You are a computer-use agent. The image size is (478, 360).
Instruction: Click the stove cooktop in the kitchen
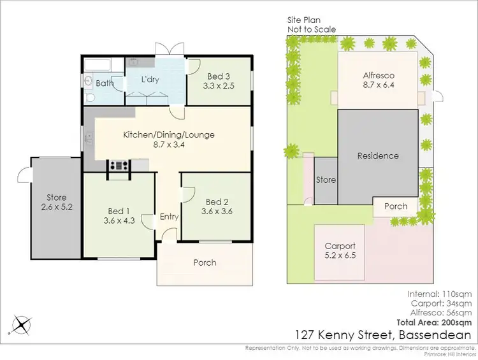(x=119, y=165)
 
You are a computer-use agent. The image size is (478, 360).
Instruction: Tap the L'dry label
(x=151, y=82)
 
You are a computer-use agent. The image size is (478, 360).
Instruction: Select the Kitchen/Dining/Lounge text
(x=169, y=134)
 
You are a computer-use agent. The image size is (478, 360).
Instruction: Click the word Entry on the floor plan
(x=169, y=217)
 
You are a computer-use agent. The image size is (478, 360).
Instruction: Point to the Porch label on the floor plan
(x=205, y=263)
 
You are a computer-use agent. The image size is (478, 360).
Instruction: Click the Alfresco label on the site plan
(x=378, y=74)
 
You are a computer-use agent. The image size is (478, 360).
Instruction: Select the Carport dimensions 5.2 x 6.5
(x=340, y=256)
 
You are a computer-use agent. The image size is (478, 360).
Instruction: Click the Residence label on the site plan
(x=378, y=155)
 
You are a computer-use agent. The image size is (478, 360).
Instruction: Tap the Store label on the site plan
(x=326, y=180)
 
